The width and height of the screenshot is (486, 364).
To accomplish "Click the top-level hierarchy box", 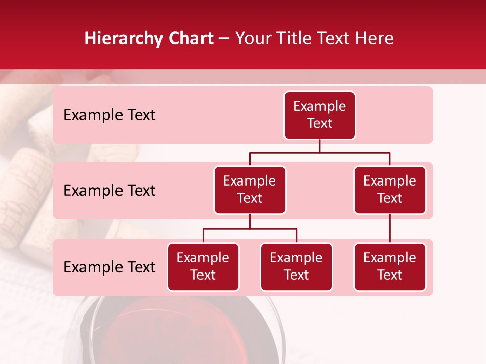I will [x=319, y=115].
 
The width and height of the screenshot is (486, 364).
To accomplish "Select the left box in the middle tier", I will [x=250, y=190].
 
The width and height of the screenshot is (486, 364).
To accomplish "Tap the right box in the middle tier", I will [x=390, y=190].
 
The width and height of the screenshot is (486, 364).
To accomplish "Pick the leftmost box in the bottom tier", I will [x=203, y=267].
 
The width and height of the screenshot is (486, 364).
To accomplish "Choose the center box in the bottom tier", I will [x=296, y=267].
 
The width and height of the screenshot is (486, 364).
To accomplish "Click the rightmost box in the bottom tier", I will [x=390, y=267].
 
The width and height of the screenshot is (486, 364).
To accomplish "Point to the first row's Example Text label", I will [x=109, y=115].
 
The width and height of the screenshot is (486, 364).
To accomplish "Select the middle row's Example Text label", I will [x=109, y=191].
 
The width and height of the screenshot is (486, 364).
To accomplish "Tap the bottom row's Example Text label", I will [x=109, y=267].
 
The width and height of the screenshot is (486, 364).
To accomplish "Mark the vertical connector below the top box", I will [x=319, y=146].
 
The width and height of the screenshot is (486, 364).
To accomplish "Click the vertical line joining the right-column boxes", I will [x=390, y=229].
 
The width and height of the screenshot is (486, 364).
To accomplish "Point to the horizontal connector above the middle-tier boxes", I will [x=319, y=152].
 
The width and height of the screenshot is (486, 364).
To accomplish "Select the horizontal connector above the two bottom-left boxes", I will [x=250, y=229].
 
